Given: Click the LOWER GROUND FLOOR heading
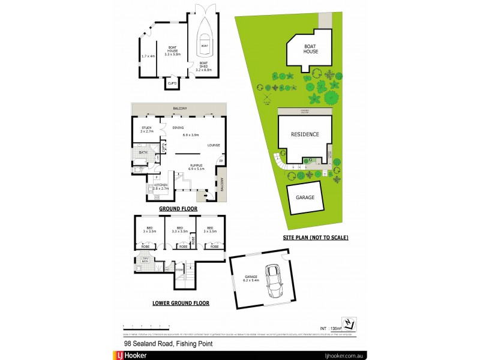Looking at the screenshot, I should [181, 303].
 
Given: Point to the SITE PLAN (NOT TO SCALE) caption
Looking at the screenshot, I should [316, 238].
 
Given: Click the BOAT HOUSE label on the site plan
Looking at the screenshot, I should [311, 49].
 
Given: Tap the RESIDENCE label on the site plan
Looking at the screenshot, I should [305, 134].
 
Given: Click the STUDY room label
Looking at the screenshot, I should [146, 128].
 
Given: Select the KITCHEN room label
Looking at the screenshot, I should [161, 185].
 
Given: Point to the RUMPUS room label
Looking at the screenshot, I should [196, 166].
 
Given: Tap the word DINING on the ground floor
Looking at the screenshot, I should [178, 128].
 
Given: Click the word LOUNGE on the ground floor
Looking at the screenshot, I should [214, 145].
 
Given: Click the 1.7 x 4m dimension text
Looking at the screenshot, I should [148, 56].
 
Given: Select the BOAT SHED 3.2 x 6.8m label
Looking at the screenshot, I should [205, 67].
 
